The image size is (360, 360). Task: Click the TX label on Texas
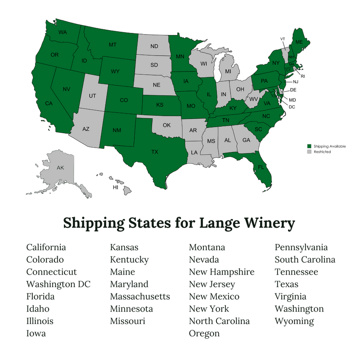click(x=155, y=152)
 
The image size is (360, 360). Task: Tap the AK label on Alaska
click(x=60, y=168)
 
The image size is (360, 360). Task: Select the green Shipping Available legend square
click(x=309, y=147)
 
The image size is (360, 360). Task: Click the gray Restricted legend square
click(x=309, y=152)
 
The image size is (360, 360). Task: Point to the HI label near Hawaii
click(x=115, y=187)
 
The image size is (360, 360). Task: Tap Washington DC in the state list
click(x=58, y=284)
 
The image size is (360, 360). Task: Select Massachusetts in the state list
click(x=140, y=297)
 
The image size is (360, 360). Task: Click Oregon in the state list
click(x=204, y=333)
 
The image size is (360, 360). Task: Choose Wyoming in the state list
click(x=294, y=321)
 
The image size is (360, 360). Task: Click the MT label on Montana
click(x=113, y=45)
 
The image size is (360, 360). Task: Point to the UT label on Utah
click(x=92, y=96)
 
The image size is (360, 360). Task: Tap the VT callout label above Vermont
click(x=283, y=39)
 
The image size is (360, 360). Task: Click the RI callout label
click(x=302, y=76)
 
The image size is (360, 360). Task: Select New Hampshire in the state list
click(x=221, y=272)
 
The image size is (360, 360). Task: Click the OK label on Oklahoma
click(x=166, y=125)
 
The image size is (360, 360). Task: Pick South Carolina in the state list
click(x=305, y=260)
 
